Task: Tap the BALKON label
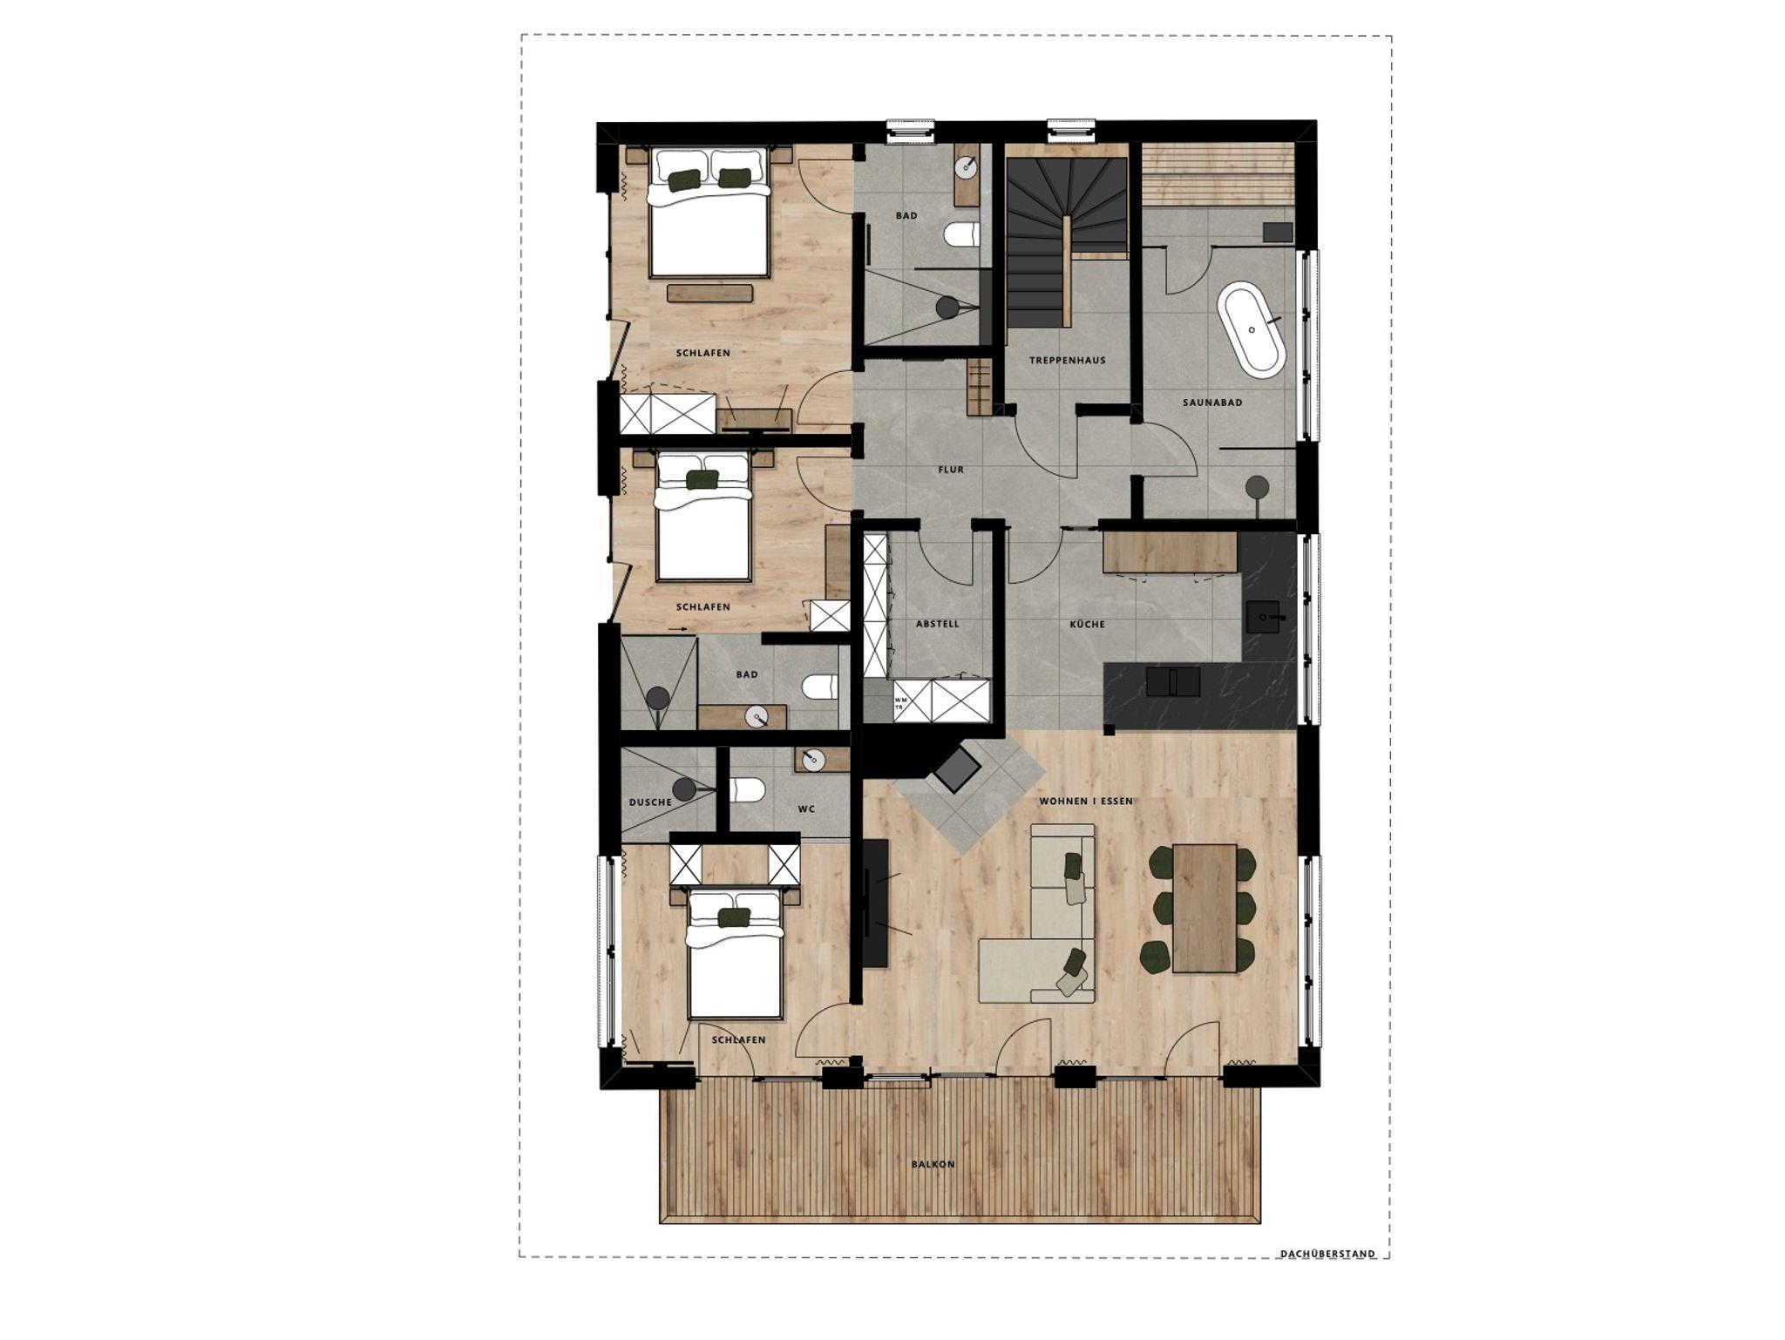point(933,1164)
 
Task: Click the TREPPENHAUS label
point(1067,360)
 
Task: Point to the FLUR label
point(951,470)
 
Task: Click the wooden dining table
point(1205,907)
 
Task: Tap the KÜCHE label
point(1088,624)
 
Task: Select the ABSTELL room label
point(938,624)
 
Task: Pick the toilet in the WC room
point(748,790)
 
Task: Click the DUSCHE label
point(650,802)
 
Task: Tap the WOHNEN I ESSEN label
point(1086,802)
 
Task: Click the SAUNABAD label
point(1212,403)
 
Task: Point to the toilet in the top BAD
point(962,234)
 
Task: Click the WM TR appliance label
point(899,702)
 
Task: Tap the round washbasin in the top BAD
point(967,166)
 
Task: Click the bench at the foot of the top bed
point(710,293)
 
